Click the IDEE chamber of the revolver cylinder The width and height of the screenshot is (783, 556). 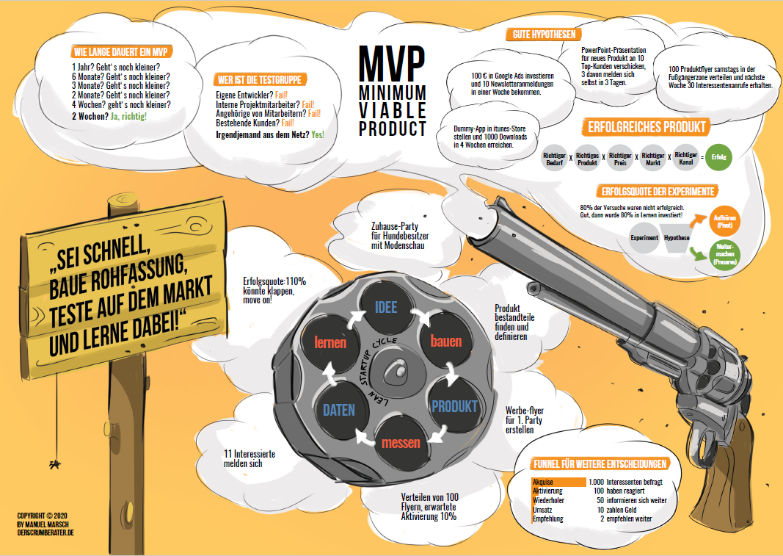386,308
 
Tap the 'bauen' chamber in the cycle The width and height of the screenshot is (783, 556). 445,342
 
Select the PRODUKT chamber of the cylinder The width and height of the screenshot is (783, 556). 454,406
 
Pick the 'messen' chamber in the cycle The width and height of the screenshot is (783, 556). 401,443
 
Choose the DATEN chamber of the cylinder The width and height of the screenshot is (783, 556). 339,410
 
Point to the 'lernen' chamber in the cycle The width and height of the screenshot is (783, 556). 330,343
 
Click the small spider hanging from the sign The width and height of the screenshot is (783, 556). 54,464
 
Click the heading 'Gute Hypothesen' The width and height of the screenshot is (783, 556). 543,35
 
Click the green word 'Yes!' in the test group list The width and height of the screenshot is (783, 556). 318,135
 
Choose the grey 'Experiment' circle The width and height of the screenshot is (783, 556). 645,239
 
